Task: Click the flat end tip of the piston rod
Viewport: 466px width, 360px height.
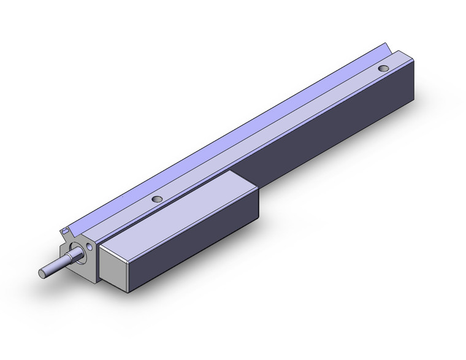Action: [44, 273]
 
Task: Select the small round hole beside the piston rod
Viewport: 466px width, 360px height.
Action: [91, 247]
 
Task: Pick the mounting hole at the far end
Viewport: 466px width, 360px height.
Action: [384, 68]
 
